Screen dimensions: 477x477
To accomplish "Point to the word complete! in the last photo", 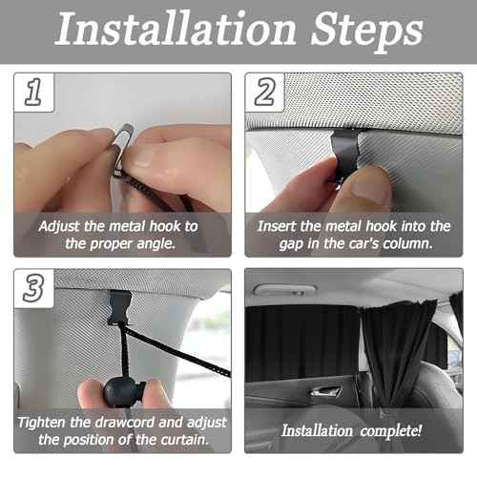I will coord(392,430).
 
